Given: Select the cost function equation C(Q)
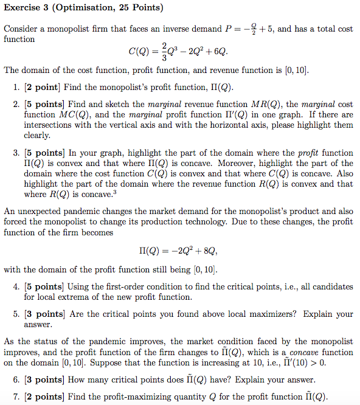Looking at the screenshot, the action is (180, 52).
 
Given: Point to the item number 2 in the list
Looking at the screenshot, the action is (15, 105).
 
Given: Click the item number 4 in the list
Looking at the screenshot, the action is (15, 287).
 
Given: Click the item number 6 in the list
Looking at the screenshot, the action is (15, 380).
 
